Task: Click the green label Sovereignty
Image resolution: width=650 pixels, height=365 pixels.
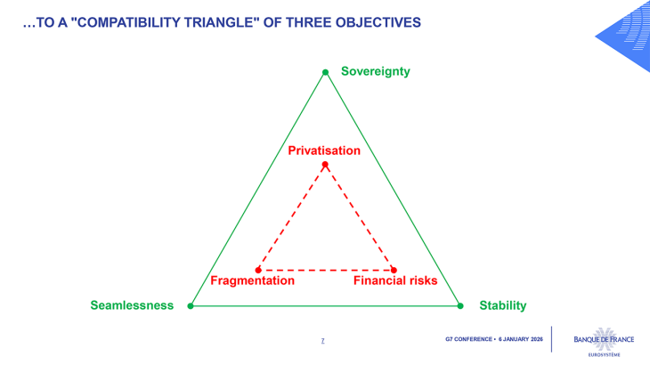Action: pyautogui.click(x=375, y=71)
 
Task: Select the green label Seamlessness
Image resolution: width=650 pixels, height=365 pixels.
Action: pyautogui.click(x=132, y=305)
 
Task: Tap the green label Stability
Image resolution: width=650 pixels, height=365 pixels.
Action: pyautogui.click(x=502, y=305)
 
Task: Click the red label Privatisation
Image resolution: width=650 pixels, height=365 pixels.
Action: pyautogui.click(x=324, y=150)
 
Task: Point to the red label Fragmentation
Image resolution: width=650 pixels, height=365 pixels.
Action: pyautogui.click(x=252, y=280)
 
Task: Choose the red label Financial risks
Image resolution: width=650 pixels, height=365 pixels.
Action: pyautogui.click(x=395, y=280)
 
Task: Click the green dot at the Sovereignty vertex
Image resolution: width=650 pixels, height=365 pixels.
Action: pyautogui.click(x=325, y=72)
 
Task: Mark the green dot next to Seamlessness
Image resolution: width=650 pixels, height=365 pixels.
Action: pyautogui.click(x=191, y=305)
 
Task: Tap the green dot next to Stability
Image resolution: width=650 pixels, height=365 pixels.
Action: pyautogui.click(x=460, y=305)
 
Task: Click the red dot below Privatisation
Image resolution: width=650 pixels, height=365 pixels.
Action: pyautogui.click(x=325, y=165)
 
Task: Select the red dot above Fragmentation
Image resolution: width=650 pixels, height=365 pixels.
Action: pyautogui.click(x=258, y=270)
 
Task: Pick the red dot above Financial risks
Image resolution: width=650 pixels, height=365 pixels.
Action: pyautogui.click(x=394, y=270)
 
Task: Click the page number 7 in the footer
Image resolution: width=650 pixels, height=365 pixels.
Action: pyautogui.click(x=322, y=340)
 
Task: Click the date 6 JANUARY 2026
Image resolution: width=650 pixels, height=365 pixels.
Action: pyautogui.click(x=521, y=339)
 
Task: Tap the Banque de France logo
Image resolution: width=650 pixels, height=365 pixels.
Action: pyautogui.click(x=604, y=338)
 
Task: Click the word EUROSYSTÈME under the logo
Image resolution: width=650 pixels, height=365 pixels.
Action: pyautogui.click(x=604, y=354)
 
